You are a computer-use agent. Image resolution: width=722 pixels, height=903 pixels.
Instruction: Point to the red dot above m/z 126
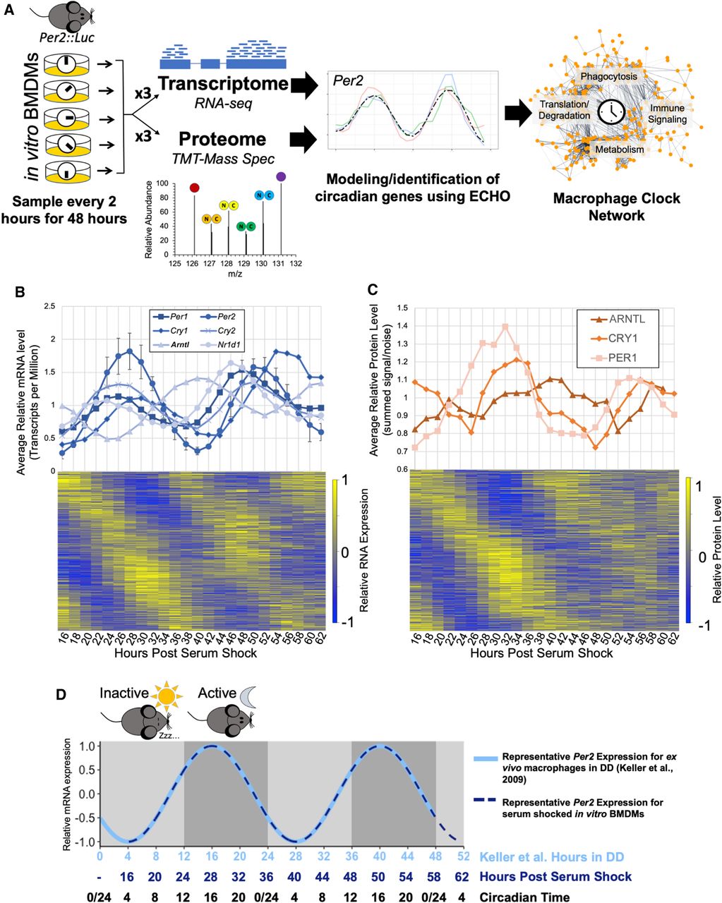tap(194, 188)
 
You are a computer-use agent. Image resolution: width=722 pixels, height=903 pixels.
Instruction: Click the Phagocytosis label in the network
tap(608, 76)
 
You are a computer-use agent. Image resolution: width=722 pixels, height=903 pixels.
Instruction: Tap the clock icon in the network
tap(611, 111)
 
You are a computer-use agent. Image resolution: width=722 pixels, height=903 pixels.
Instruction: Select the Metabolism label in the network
tap(619, 150)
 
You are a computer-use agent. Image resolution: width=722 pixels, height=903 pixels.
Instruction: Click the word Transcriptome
tap(223, 84)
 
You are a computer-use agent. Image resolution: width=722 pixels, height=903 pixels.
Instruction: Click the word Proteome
tap(222, 138)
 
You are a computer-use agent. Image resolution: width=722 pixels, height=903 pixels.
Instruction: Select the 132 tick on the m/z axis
tap(296, 263)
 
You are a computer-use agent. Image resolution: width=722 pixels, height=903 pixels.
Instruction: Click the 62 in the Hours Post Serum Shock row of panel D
tap(462, 876)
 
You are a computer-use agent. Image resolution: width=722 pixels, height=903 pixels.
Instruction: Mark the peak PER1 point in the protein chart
tap(505, 327)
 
